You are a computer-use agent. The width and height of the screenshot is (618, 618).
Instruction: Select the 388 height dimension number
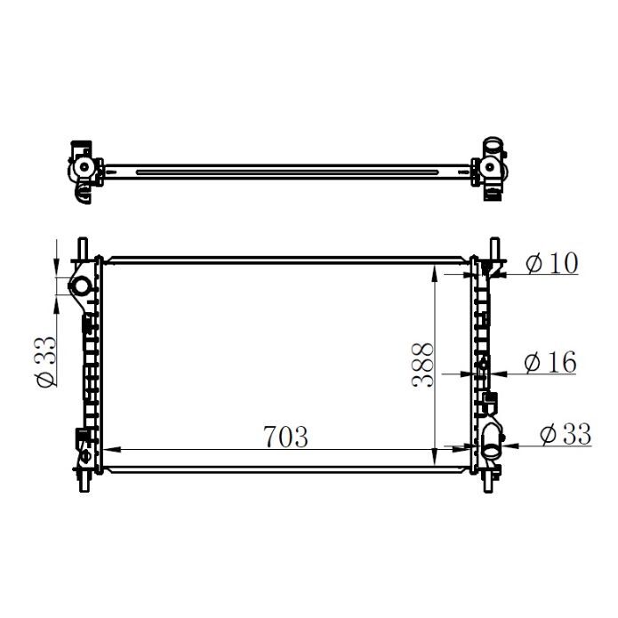[423, 365]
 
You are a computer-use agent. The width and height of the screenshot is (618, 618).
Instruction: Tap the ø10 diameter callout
[551, 264]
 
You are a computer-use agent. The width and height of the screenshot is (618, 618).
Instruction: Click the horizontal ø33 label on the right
[565, 434]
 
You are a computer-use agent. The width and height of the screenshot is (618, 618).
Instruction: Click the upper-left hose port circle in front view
[80, 286]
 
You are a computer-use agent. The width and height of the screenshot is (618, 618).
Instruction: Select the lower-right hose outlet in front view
[492, 436]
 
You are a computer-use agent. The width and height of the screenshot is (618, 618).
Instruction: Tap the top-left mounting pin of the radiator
[83, 247]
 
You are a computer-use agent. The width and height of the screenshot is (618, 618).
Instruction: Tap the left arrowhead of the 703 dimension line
[112, 450]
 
